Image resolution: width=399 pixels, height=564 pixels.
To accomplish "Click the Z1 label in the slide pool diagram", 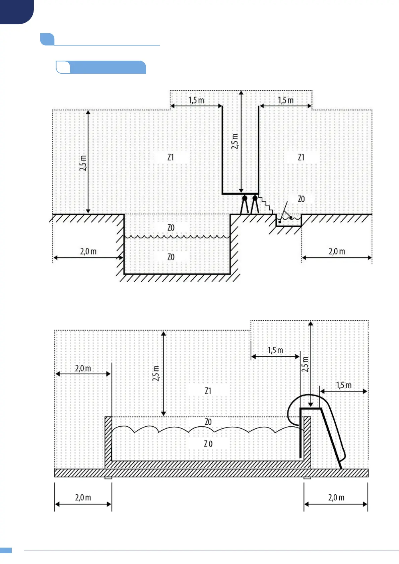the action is tap(208, 391).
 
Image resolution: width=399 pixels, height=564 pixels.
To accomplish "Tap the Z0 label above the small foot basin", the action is tap(301, 199).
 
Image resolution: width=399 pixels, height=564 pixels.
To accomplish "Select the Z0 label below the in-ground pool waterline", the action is tap(171, 257).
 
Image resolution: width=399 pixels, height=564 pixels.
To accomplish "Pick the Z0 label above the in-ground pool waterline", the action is tap(171, 228).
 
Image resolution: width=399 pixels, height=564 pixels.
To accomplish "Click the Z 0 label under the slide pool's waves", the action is tap(208, 444).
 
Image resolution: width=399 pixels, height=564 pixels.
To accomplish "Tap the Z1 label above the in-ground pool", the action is tap(171, 157).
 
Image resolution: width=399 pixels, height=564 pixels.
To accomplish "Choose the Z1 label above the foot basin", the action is tap(301, 157).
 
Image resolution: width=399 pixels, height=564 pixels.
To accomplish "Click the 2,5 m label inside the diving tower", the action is tap(235, 141).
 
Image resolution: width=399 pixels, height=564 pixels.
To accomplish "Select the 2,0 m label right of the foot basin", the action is tap(337, 252).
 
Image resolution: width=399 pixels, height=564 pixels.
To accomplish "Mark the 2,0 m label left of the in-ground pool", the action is tap(88, 252).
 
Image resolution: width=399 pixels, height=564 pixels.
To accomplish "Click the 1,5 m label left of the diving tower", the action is tap(196, 100).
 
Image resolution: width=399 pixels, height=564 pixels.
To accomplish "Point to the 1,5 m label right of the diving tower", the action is tap(285, 100).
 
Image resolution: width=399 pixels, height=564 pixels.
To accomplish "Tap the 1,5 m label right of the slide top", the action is tap(344, 385).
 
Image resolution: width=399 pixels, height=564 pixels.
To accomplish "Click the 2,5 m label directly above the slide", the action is tap(305, 364).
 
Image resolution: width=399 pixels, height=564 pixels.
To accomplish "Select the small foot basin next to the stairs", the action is tap(288, 221).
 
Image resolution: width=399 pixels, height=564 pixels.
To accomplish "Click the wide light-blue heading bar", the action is tap(107, 67).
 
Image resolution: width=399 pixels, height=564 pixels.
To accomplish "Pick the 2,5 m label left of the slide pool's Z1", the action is tap(156, 373).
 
